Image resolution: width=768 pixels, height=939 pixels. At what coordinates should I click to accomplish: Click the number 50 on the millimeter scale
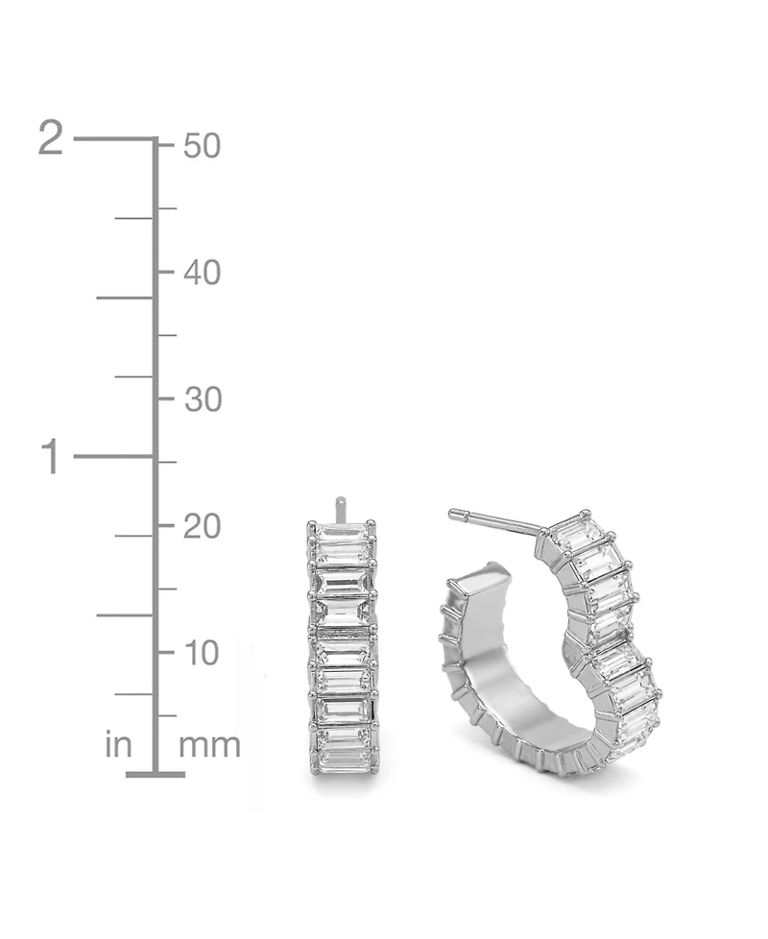(x=202, y=146)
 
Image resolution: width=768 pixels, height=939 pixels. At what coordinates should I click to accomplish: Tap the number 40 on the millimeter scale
(x=202, y=273)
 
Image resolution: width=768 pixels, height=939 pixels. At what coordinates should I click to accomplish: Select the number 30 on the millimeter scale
(x=203, y=399)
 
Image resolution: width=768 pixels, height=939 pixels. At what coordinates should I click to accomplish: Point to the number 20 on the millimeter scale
(x=203, y=527)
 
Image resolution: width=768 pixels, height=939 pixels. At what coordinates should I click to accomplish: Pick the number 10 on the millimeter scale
(x=202, y=653)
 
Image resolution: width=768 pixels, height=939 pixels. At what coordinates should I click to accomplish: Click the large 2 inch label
(x=50, y=137)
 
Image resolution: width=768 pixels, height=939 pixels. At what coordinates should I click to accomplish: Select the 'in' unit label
(x=118, y=745)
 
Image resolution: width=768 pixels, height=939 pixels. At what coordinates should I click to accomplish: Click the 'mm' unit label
(x=209, y=746)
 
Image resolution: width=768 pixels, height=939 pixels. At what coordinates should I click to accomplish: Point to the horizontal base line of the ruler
(x=156, y=774)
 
